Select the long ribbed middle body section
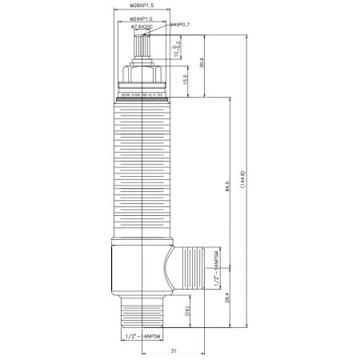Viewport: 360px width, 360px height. pyautogui.click(x=142, y=168)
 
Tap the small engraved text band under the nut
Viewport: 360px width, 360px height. pyautogui.click(x=142, y=94)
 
